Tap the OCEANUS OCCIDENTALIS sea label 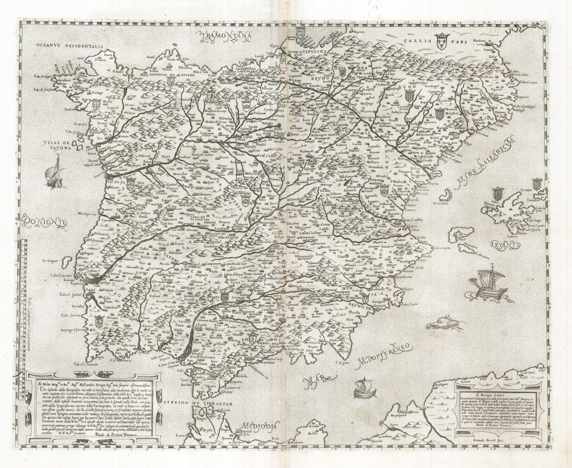point(68,46)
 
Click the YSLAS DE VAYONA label point(56,146)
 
